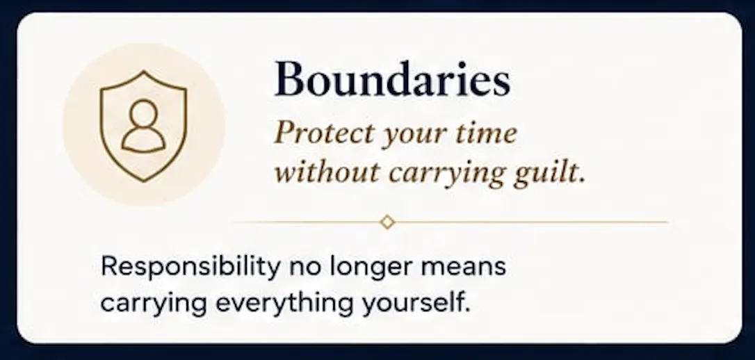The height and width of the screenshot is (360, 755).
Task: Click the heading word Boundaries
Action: point(392,79)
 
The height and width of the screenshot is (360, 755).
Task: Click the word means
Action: point(463,268)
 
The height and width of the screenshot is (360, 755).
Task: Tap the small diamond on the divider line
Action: point(387,222)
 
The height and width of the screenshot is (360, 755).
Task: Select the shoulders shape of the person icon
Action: point(143,141)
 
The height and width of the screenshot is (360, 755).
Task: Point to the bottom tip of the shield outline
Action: point(143,181)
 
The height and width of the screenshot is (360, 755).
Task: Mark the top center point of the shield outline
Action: point(143,71)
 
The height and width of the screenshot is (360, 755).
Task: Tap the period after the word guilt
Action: point(581,181)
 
